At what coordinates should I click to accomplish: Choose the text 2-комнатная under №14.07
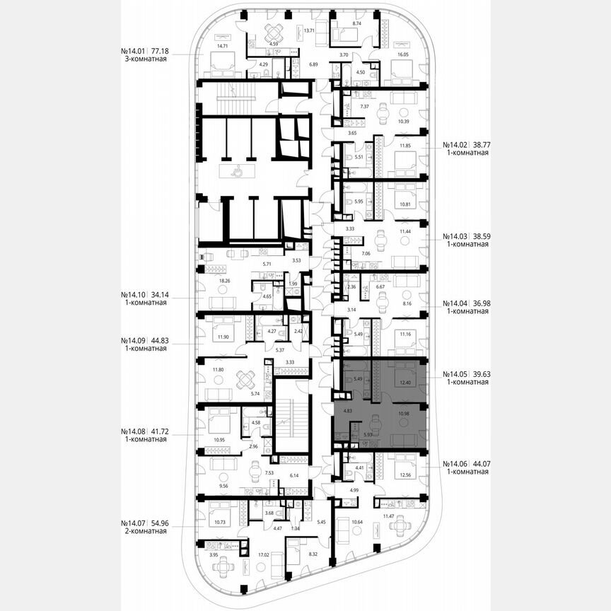(144, 531)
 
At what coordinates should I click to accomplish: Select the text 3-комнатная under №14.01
(144, 60)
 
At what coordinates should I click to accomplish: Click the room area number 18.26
(226, 281)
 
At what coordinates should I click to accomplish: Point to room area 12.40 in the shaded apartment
(405, 383)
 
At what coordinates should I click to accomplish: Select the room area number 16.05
(403, 54)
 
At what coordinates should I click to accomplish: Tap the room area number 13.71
(308, 32)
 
